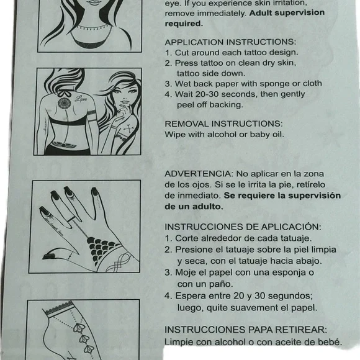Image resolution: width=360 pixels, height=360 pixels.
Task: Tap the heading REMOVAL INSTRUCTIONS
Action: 223,124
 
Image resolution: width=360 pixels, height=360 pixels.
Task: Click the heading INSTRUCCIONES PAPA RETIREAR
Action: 245,330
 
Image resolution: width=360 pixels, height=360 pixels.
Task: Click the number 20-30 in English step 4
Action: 212,94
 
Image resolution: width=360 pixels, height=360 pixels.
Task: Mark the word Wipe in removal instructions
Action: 175,134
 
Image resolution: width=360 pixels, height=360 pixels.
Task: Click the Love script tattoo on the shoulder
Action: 79,98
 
